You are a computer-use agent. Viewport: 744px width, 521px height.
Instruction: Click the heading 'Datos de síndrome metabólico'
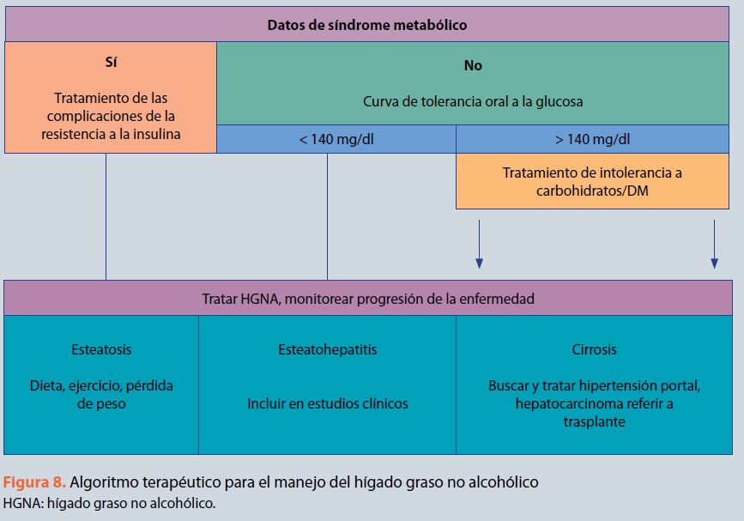point(367,25)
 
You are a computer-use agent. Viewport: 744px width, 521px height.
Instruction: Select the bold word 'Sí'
point(110,63)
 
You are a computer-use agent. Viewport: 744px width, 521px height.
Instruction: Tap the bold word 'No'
point(472,65)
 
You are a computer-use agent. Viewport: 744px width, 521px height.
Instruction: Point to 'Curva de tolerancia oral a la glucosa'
point(472,101)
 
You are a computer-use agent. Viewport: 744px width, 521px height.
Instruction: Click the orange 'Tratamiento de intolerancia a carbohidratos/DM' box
point(593,182)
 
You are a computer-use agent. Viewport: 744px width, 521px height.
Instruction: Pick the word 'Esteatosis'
point(102,349)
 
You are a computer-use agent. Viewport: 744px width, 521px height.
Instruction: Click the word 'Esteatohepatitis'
point(327,349)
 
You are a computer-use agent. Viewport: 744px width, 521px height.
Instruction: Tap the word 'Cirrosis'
point(593,349)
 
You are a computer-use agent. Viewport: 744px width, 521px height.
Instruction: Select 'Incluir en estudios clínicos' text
point(327,403)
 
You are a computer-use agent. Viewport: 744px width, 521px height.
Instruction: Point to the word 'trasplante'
point(593,422)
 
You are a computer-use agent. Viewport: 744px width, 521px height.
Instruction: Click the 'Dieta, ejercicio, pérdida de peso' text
point(102,394)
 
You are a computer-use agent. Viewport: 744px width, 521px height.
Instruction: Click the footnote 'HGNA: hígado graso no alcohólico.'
point(109,503)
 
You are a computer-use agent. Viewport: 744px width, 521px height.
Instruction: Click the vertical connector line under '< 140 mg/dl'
point(328,215)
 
